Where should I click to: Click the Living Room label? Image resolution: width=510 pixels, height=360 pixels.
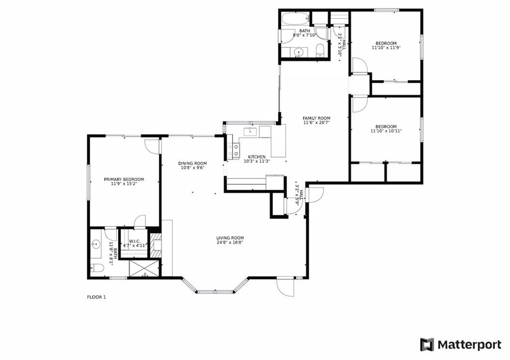click(x=230, y=238)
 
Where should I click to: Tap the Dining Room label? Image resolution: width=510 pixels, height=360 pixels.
click(x=192, y=164)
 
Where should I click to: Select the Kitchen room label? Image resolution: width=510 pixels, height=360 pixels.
click(x=256, y=157)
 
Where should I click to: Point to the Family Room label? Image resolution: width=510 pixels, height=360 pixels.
click(x=316, y=119)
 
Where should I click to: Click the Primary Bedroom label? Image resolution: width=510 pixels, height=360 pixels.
click(x=124, y=180)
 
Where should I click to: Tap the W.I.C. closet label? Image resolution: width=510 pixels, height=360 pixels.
click(x=134, y=241)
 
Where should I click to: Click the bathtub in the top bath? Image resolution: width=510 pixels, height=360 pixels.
click(x=295, y=19)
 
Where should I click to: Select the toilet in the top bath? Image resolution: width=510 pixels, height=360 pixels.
click(x=320, y=50)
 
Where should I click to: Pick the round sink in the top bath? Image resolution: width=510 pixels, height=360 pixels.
click(x=298, y=52)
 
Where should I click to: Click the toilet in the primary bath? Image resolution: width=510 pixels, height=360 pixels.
click(x=97, y=268)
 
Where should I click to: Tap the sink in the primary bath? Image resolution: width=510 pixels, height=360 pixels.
click(x=96, y=243)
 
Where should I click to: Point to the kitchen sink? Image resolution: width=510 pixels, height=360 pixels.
click(x=250, y=131)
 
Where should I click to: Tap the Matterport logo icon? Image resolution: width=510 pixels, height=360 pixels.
click(x=427, y=345)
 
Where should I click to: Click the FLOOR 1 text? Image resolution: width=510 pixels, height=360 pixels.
click(x=96, y=297)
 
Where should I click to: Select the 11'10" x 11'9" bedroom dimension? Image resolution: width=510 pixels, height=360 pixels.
click(x=386, y=47)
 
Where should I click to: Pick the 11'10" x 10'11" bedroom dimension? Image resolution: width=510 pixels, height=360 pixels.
click(x=386, y=131)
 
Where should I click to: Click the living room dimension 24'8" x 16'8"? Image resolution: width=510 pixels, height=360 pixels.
click(x=230, y=242)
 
